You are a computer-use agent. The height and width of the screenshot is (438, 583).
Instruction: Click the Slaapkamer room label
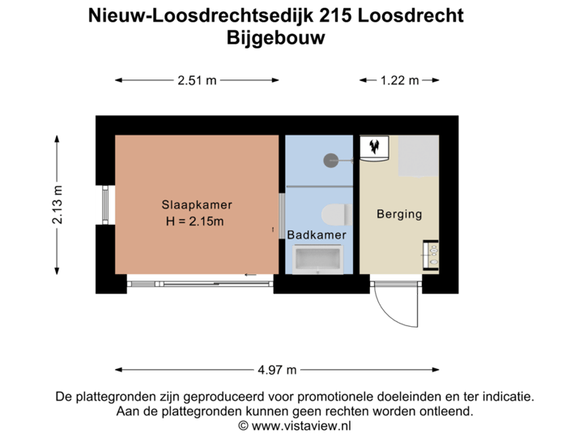point(194,205)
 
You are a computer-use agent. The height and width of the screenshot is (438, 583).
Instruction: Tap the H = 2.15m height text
point(194,221)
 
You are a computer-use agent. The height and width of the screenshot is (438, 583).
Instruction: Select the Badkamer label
point(317,234)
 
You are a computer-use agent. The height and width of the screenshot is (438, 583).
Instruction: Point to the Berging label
point(399,215)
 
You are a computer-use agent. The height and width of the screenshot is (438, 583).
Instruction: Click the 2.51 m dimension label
point(197,79)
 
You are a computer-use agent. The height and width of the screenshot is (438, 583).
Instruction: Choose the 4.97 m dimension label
point(279,370)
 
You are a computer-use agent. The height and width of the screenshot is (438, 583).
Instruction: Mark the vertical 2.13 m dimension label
point(57,206)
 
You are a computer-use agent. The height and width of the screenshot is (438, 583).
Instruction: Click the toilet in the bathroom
point(334,215)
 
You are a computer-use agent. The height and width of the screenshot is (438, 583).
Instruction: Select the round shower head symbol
point(331,161)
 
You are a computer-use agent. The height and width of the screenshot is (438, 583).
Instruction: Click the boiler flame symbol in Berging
point(375,147)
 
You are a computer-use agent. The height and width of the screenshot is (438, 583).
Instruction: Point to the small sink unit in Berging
point(431,255)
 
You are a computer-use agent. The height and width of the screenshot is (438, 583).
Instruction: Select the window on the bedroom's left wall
point(104,206)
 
